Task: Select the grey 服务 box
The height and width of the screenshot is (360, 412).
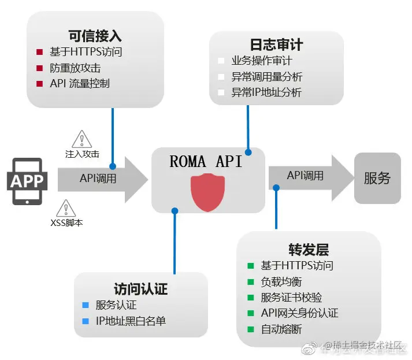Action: [x=377, y=178]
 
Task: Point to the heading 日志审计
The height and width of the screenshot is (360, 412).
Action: [x=276, y=44]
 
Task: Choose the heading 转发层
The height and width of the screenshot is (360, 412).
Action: [x=309, y=250]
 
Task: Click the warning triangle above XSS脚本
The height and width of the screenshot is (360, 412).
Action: [x=66, y=207]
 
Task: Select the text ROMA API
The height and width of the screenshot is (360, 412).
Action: [x=206, y=162]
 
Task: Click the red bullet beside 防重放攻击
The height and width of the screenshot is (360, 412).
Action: [x=39, y=68]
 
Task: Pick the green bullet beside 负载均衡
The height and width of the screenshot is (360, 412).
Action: [x=250, y=282]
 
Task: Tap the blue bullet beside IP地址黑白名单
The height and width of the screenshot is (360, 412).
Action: [x=86, y=321]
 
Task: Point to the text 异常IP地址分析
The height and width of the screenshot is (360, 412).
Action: [x=266, y=92]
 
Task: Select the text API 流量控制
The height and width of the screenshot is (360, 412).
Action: [x=80, y=83]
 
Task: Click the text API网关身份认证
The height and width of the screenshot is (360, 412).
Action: [x=299, y=313]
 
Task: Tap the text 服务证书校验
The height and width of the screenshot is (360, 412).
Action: [x=291, y=298]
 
